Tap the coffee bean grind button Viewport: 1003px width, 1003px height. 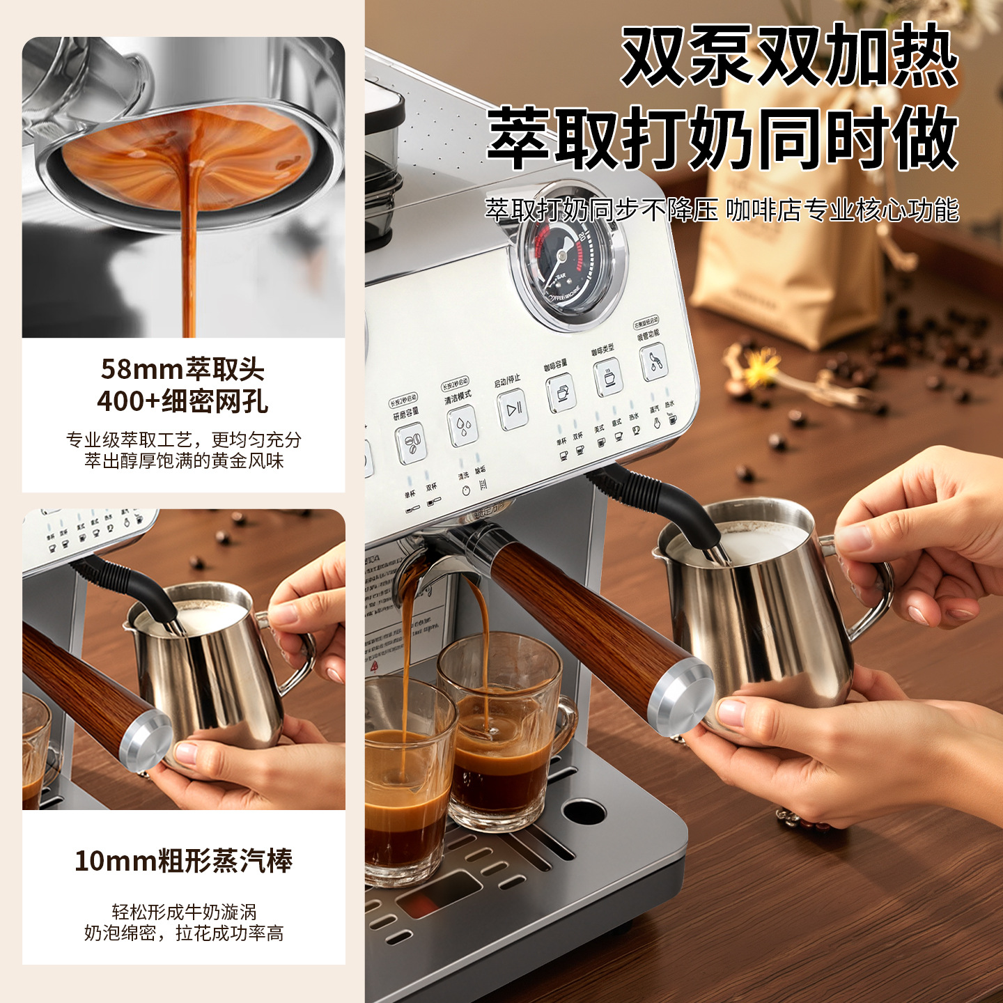coord(411,444)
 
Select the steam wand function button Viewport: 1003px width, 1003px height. coord(653,362)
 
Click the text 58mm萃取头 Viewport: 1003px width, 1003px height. coord(183,369)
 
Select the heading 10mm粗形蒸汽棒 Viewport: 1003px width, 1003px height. coord(183,861)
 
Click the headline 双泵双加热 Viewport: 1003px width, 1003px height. coord(790,56)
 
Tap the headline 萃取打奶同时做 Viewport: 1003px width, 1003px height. coord(723,139)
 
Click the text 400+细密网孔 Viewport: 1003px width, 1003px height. coord(183,401)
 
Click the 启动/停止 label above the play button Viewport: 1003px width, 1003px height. coord(506,381)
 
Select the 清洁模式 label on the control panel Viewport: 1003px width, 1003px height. coord(458,398)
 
